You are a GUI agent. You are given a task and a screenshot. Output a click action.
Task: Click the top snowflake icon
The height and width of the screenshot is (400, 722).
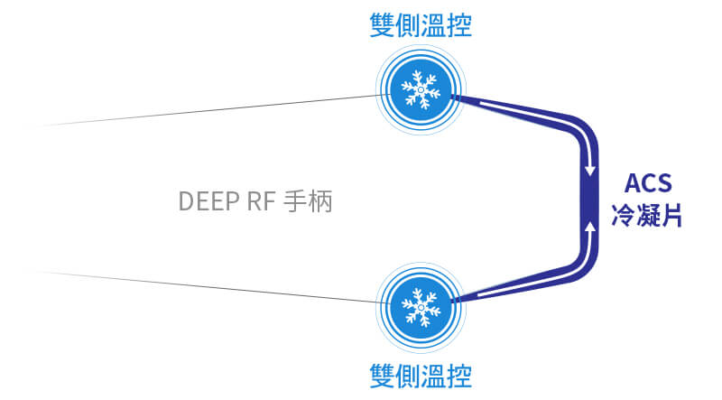[421, 88]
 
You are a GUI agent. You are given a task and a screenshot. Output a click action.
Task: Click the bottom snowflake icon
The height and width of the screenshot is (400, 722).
[421, 305]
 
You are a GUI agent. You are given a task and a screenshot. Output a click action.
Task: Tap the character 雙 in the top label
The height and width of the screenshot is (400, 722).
[383, 23]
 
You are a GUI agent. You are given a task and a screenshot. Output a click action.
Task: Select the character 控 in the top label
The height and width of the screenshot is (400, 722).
[458, 23]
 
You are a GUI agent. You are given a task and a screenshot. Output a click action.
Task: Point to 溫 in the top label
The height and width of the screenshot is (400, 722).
[433, 23]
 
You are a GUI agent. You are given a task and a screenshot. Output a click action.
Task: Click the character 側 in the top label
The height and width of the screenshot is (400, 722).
[408, 23]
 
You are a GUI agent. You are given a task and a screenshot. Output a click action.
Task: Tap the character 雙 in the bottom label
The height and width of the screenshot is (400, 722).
[383, 373]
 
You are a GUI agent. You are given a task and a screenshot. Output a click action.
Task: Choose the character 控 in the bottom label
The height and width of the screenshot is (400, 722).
[458, 373]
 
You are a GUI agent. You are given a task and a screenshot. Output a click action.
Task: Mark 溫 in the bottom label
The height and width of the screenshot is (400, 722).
[433, 373]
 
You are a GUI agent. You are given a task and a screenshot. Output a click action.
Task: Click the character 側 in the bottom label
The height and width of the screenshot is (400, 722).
[408, 373]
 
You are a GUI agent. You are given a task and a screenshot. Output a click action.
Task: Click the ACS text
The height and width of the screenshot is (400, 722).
[647, 183]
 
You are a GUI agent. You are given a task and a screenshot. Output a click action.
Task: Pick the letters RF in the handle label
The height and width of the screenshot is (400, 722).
[261, 201]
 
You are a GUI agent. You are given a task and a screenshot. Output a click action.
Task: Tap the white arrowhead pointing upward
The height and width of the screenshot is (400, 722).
[590, 229]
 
